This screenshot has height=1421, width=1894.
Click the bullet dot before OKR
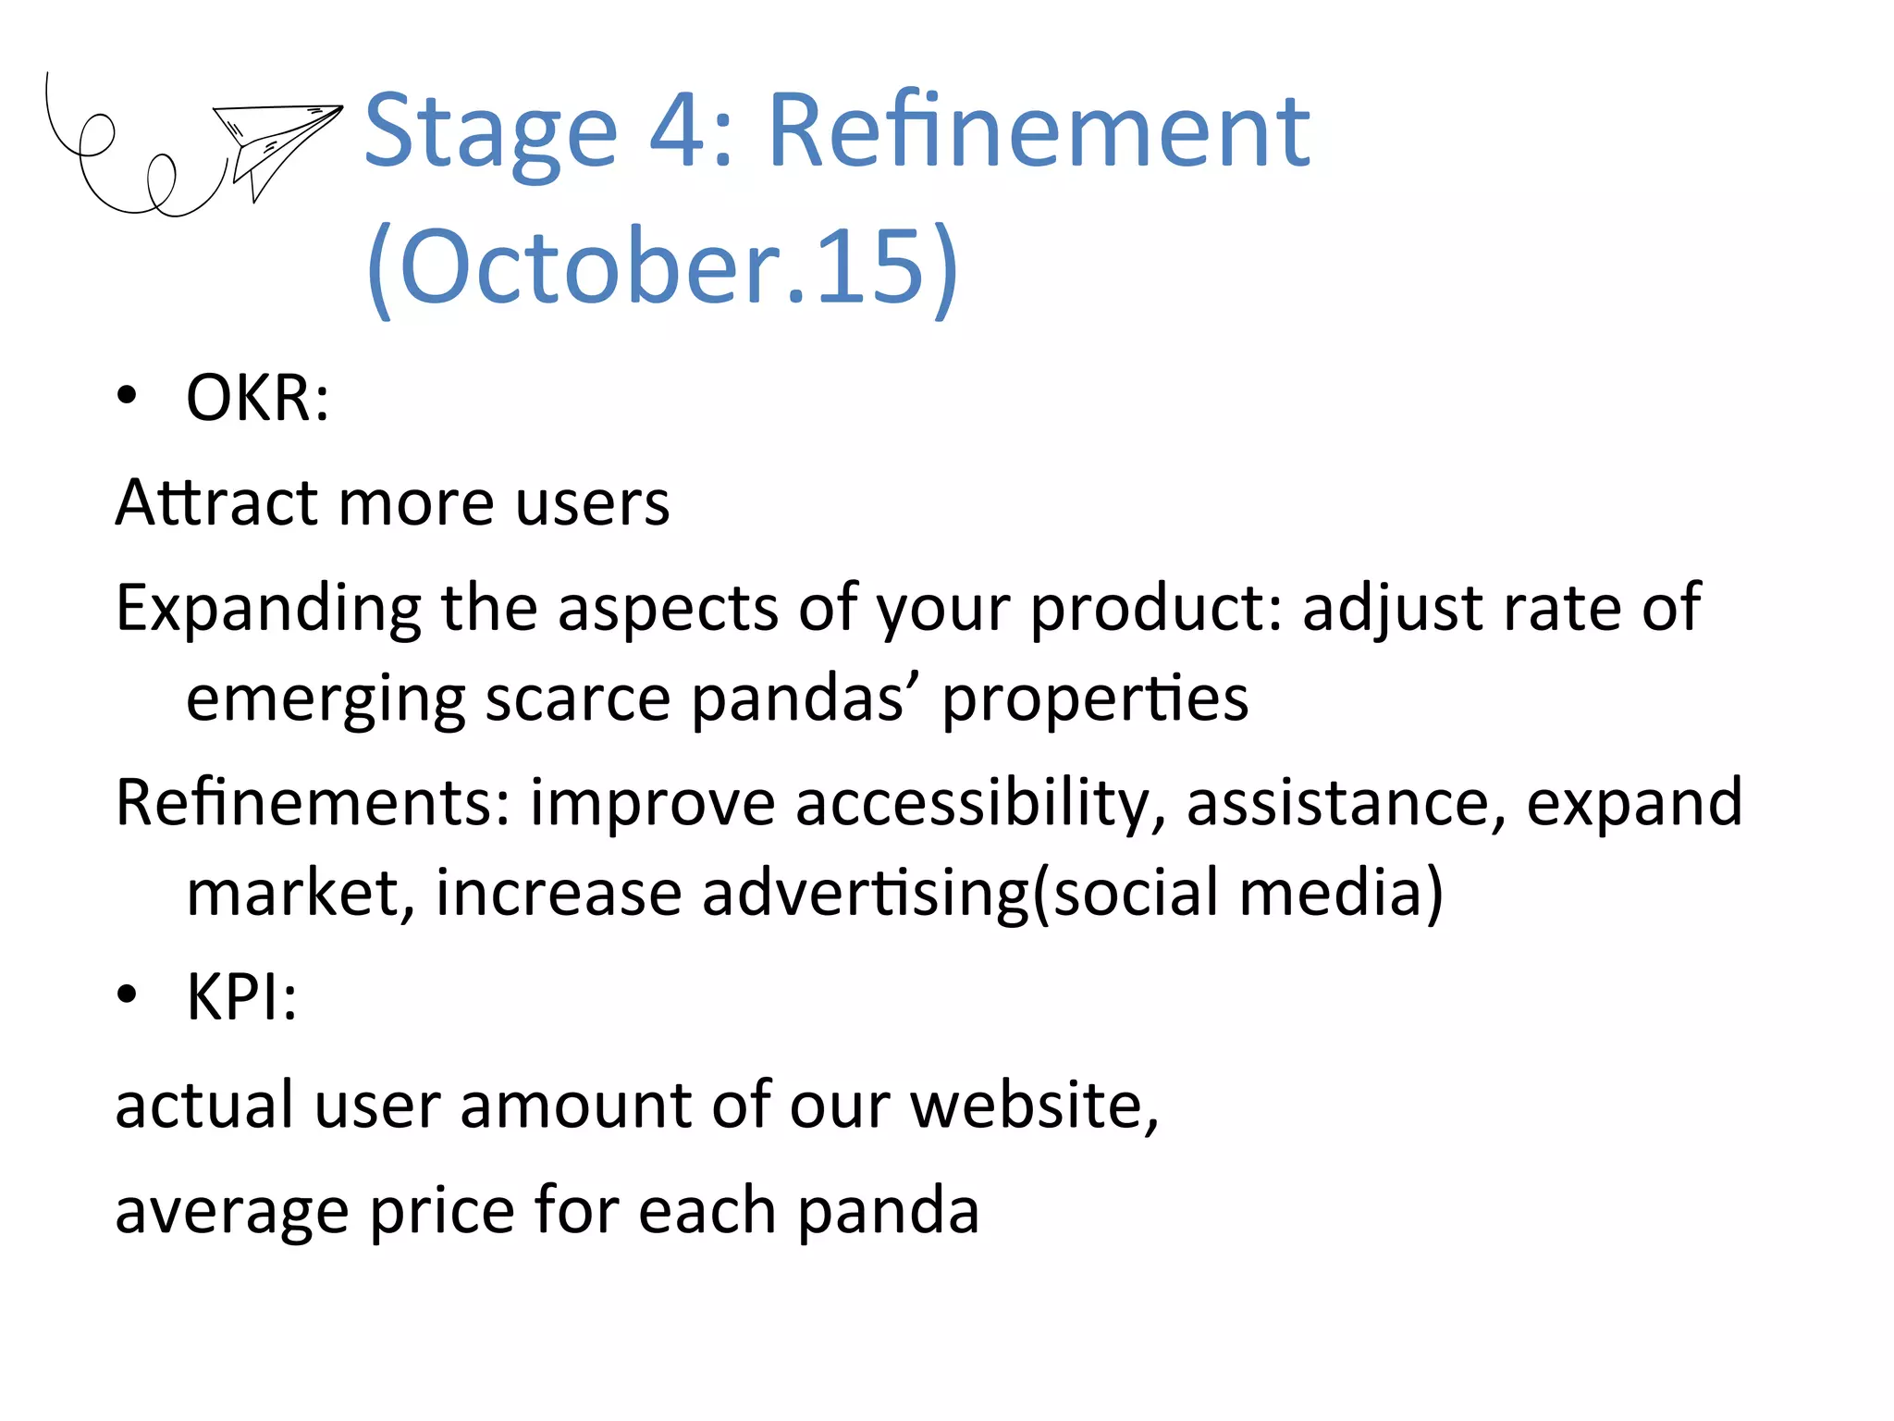[127, 397]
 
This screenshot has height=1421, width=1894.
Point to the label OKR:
[257, 398]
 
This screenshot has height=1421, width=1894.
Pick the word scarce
[578, 698]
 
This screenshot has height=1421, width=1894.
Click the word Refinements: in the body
[313, 802]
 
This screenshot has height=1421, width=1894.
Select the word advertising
[865, 893]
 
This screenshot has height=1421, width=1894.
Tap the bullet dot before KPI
[127, 995]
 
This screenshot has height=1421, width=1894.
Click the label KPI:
[241, 996]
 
